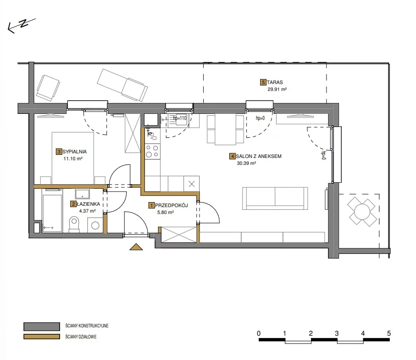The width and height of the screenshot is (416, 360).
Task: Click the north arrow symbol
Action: [21, 25]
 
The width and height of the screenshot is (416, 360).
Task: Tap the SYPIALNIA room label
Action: [75, 152]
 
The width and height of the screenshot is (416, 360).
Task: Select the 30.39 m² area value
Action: [246, 163]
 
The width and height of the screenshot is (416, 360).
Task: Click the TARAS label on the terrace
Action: [275, 82]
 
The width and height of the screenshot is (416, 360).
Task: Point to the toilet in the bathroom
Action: [74, 224]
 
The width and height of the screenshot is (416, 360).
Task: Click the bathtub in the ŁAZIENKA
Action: [52, 210]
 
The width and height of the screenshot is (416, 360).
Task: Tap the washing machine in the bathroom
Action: [95, 225]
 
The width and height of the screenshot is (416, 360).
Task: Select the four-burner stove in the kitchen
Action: [152, 152]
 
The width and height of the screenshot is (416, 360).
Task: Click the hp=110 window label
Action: [180, 118]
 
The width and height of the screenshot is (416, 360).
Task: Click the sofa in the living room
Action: [275, 198]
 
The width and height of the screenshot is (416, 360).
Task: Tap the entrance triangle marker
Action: [136, 247]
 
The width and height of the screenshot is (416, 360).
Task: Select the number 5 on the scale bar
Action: [388, 333]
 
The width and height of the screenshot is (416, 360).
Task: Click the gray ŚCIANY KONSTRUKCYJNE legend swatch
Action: [42, 326]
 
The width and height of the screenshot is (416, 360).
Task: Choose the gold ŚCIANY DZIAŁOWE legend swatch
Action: [42, 337]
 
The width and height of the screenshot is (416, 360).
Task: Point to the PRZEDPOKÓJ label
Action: [172, 205]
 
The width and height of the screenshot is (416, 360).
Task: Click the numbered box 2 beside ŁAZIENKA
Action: [73, 204]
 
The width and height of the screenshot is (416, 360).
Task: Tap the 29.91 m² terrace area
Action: [277, 90]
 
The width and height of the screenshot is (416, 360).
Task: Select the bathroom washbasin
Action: [82, 194]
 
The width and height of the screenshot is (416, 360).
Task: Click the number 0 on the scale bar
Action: [259, 333]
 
